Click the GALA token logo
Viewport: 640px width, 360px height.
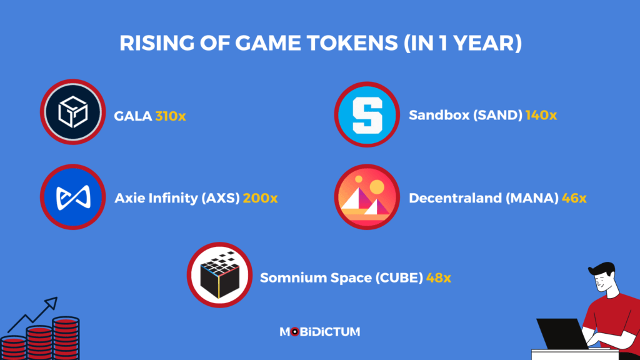point(71,113)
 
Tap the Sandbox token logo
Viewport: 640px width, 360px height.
point(366,114)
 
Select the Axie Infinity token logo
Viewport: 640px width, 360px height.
point(71,197)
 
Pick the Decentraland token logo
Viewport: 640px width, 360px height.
point(366,197)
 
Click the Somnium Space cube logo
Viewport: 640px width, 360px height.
point(219,275)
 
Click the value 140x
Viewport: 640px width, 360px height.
point(541,116)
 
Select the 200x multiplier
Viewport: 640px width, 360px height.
point(261,199)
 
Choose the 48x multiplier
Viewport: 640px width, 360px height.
point(439,277)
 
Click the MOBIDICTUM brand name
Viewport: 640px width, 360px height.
point(319,332)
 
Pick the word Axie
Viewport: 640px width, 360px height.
point(128,199)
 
